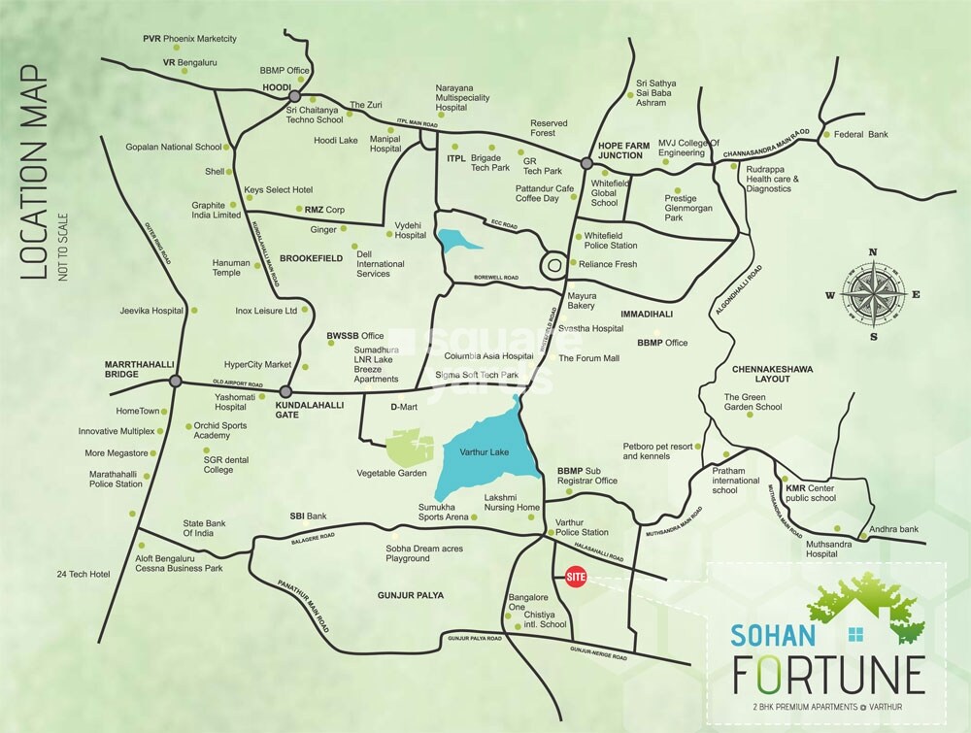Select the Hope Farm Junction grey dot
586,164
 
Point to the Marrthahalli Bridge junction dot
175,382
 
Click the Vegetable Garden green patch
410,448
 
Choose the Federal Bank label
864,134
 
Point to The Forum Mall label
588,358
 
